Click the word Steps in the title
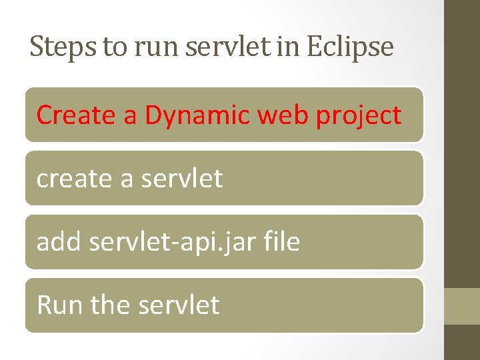point(63,47)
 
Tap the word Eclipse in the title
point(350,47)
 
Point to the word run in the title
point(156,49)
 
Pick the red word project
point(359,116)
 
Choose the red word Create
point(76,115)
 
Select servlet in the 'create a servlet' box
point(182,178)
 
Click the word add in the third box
point(58,241)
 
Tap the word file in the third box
point(281,241)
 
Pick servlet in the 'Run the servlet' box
point(179,304)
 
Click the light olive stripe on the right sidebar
point(462,306)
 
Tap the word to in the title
point(115,47)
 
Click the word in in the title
point(288,47)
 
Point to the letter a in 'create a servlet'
point(127,181)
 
